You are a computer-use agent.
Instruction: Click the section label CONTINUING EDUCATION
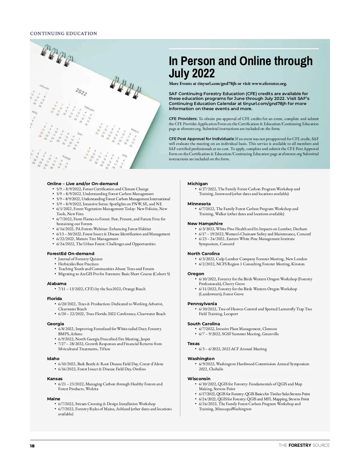click(64, 34)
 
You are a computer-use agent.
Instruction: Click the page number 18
click(32, 446)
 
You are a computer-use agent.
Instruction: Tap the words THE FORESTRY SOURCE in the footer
click(304, 445)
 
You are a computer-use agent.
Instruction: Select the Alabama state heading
click(57, 284)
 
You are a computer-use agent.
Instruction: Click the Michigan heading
click(197, 184)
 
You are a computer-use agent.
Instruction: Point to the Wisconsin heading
click(199, 379)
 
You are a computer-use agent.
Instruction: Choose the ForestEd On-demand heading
click(70, 254)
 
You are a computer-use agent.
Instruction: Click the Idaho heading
click(53, 359)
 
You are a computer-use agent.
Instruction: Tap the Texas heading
click(193, 344)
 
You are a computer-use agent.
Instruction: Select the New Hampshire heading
click(205, 224)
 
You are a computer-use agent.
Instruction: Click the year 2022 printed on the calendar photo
click(81, 92)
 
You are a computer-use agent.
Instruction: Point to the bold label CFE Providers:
click(183, 119)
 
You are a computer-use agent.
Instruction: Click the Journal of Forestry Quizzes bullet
click(80, 259)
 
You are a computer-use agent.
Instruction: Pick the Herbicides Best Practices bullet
click(78, 264)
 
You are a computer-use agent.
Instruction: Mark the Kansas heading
click(55, 379)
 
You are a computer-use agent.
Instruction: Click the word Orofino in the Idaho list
click(139, 369)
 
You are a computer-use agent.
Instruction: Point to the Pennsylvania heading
click(202, 304)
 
